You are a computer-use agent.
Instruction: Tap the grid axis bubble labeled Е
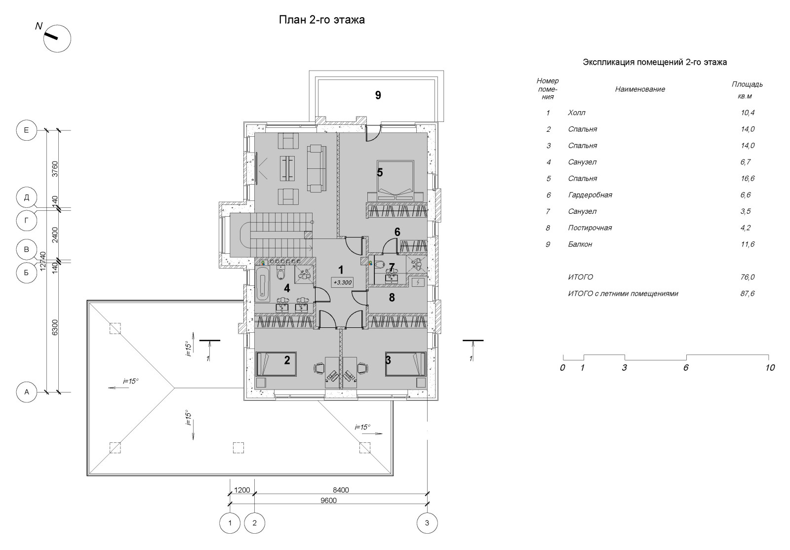[x=27, y=130]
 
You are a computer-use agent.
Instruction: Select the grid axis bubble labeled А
[x=27, y=392]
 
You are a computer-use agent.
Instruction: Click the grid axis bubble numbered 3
[x=427, y=522]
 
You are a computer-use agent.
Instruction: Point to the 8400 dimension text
[x=341, y=490]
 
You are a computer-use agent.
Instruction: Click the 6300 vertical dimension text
[x=55, y=327]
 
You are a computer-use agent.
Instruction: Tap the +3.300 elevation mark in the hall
[x=343, y=282]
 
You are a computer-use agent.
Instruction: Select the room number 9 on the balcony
[x=378, y=95]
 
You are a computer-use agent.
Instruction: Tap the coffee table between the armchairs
[x=288, y=168]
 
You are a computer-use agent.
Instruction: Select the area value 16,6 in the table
[x=748, y=178]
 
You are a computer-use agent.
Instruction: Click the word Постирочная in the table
[x=590, y=228]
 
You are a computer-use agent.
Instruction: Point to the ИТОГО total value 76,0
[x=748, y=277]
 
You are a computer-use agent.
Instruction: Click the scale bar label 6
[x=686, y=368]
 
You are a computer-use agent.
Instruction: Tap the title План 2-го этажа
[x=321, y=20]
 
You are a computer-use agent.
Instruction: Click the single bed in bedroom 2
[x=276, y=364]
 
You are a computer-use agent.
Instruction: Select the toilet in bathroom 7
[x=380, y=265]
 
